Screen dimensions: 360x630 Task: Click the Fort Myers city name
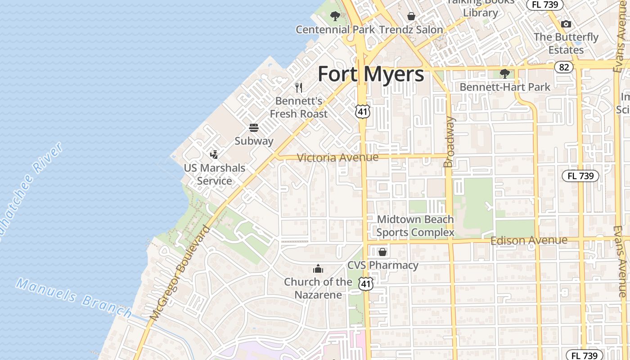point(371,74)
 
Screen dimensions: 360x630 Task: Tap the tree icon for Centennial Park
point(335,17)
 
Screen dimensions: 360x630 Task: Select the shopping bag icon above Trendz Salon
point(411,17)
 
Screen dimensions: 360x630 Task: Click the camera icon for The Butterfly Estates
point(566,24)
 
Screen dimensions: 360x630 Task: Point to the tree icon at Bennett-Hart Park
point(505,73)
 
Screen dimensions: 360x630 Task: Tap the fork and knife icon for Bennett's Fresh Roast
point(298,87)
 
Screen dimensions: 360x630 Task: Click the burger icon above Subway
point(254,128)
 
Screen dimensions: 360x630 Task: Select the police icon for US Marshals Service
point(214,155)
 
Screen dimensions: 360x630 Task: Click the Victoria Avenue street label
point(337,157)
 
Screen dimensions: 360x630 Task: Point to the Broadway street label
point(449,142)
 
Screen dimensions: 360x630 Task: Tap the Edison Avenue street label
point(529,240)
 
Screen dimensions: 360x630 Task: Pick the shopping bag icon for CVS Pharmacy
point(382,252)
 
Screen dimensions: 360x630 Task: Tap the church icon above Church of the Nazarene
point(318,269)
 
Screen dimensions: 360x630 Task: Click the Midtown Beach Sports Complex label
point(415,226)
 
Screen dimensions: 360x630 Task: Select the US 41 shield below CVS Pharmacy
point(366,283)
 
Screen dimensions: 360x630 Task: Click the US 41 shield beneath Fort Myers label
point(362,111)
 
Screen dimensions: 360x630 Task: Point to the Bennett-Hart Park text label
point(505,87)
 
